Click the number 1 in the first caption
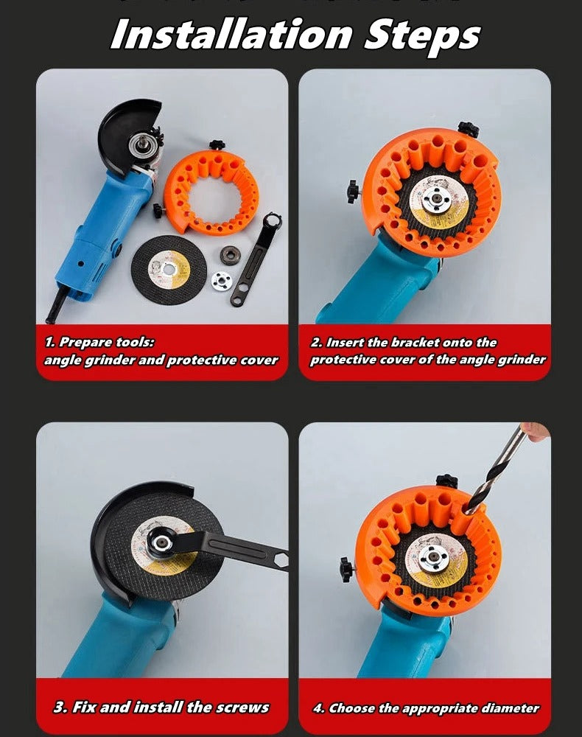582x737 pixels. point(49,343)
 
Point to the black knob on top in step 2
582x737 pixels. point(467,130)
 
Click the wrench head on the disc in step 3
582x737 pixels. point(161,544)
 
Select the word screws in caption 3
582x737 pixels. point(243,708)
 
